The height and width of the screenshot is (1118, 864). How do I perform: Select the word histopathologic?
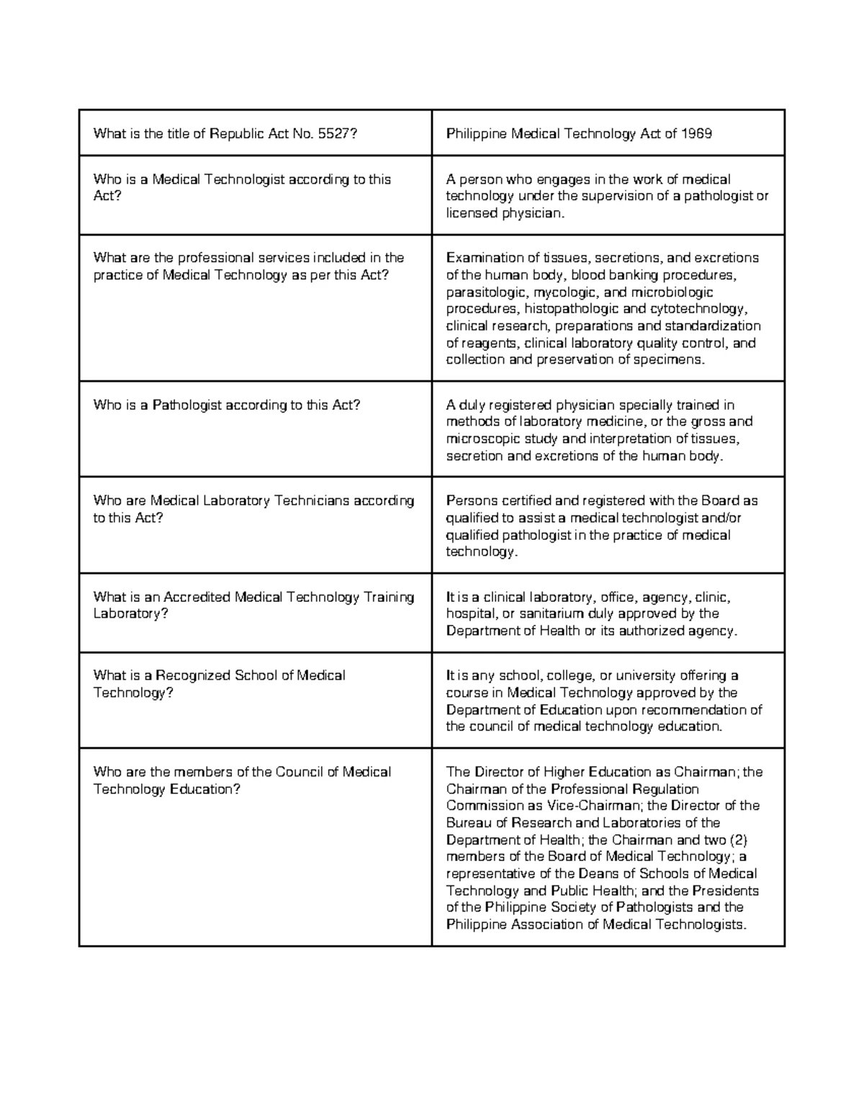tap(567, 309)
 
